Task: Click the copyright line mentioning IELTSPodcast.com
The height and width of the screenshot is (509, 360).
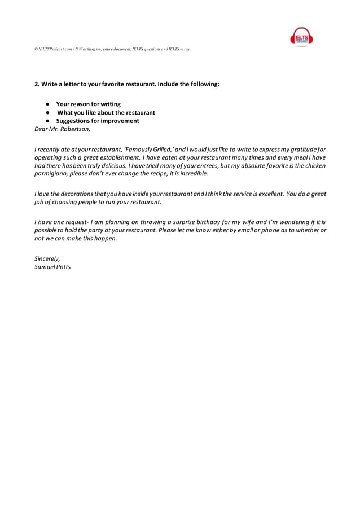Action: pos(112,49)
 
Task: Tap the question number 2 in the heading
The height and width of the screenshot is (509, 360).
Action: pos(37,84)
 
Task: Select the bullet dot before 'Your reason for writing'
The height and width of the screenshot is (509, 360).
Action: pos(49,104)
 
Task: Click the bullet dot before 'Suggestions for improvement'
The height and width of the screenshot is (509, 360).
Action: pos(49,121)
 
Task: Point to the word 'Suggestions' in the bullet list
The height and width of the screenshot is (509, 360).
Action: pos(74,121)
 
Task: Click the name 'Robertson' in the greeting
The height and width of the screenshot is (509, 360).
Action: pos(74,129)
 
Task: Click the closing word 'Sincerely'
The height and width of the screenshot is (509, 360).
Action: pos(47,258)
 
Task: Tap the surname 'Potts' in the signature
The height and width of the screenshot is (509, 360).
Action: pos(63,266)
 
